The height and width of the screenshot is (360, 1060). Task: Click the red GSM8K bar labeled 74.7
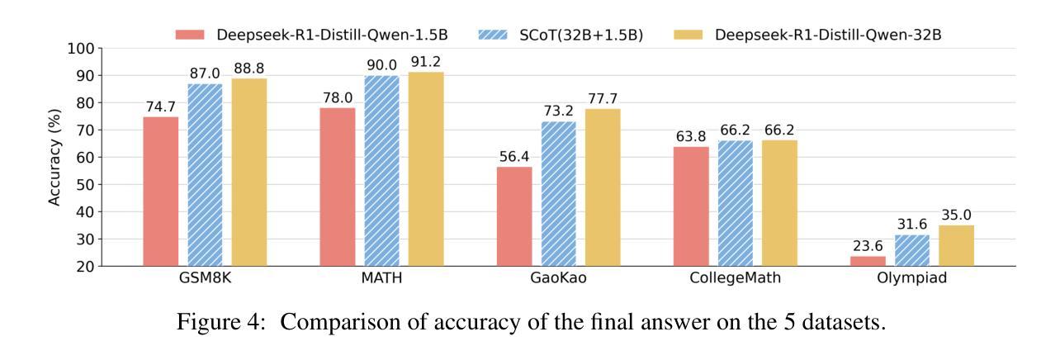[x=161, y=192]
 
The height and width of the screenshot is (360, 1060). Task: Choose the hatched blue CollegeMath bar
[x=736, y=203]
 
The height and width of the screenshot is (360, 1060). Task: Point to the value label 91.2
[x=426, y=62]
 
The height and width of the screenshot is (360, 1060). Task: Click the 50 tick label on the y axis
[x=83, y=184]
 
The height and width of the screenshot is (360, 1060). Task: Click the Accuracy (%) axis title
[x=55, y=157]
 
